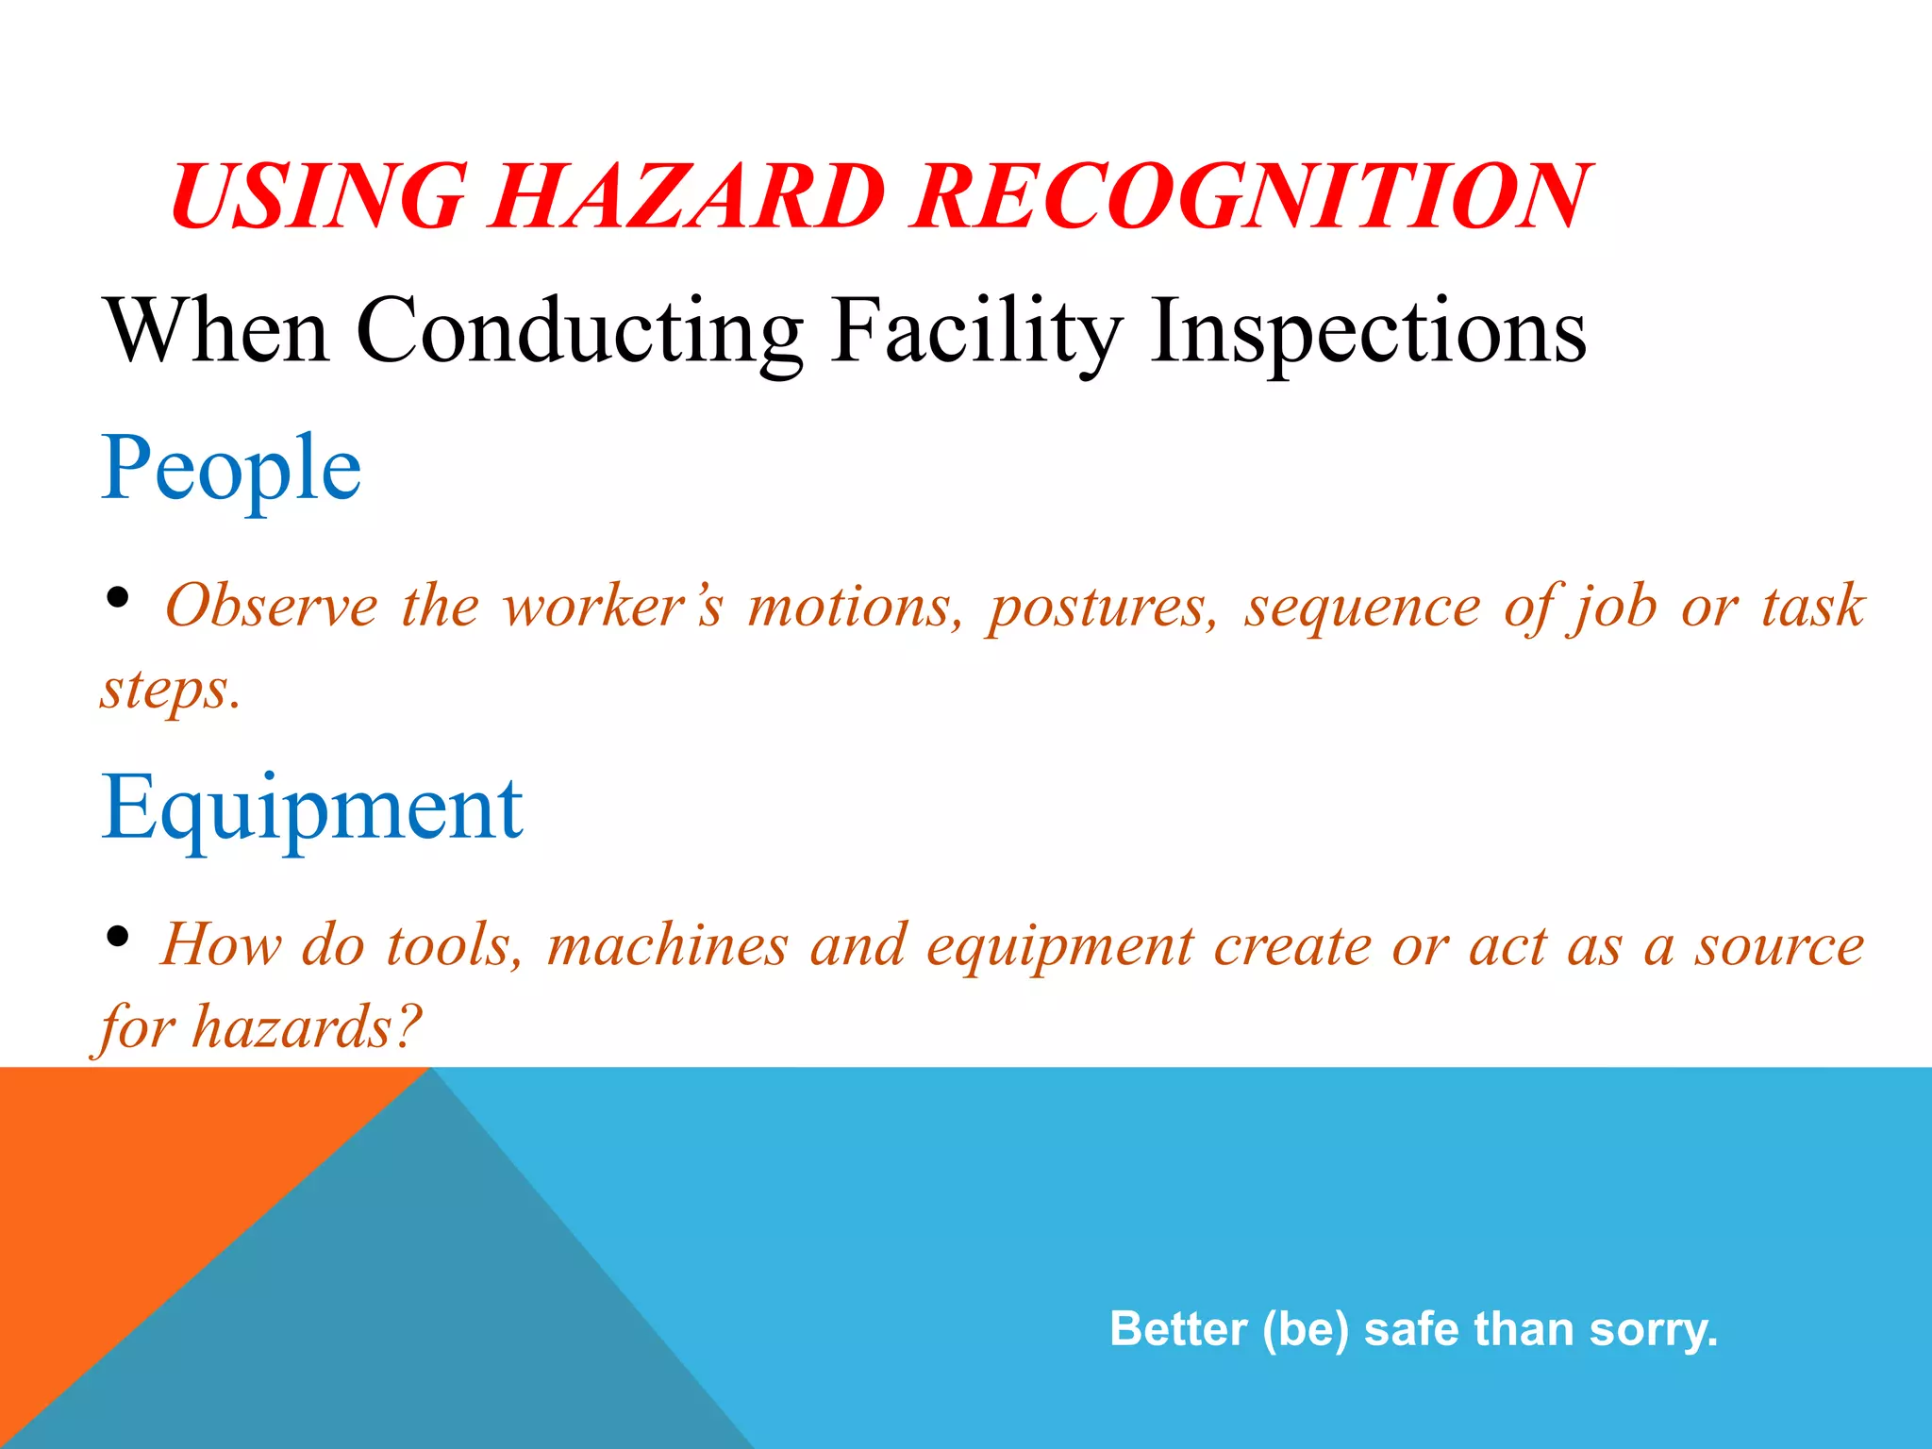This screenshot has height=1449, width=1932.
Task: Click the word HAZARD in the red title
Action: pyautogui.click(x=687, y=196)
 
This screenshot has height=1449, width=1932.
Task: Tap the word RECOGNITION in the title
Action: pyautogui.click(x=1250, y=196)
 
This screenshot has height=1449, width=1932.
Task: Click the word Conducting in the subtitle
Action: pyautogui.click(x=579, y=332)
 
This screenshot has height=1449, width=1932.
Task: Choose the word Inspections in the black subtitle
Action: pyautogui.click(x=1368, y=332)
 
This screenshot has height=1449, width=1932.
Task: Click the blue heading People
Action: pyautogui.click(x=231, y=468)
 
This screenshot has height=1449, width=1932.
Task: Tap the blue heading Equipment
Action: pyautogui.click(x=311, y=808)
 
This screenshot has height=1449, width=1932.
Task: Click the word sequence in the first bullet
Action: pyautogui.click(x=1362, y=606)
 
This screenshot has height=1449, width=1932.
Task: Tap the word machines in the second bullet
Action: pyautogui.click(x=667, y=945)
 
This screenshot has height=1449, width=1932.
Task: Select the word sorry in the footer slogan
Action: pyautogui.click(x=1653, y=1329)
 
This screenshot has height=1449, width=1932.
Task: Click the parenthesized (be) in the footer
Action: pyautogui.click(x=1306, y=1329)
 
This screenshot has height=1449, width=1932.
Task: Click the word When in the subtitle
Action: pyautogui.click(x=217, y=332)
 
